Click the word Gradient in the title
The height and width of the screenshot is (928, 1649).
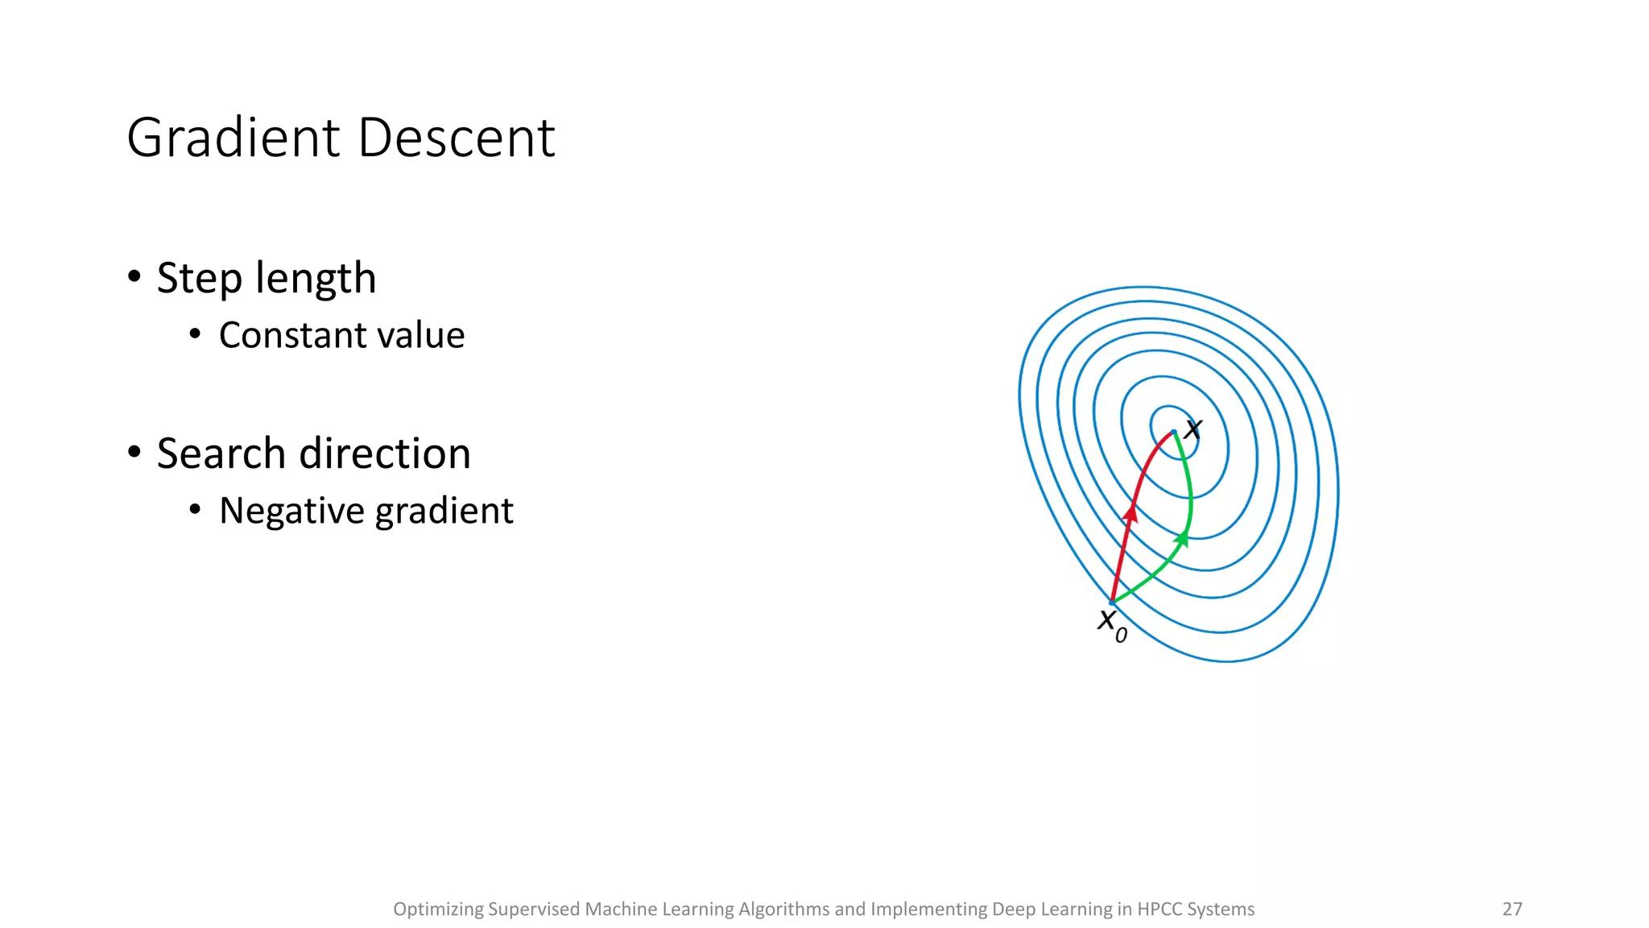[x=234, y=138]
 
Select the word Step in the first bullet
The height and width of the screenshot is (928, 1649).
[x=199, y=279]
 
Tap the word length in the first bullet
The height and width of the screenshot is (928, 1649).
[x=315, y=279]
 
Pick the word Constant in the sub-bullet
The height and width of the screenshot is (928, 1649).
[x=292, y=335]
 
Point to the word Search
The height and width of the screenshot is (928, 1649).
[x=221, y=454]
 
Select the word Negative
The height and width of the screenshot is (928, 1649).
[x=291, y=511]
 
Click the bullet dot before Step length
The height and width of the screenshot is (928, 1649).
[x=134, y=277]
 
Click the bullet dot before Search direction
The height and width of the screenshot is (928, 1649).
[x=134, y=453]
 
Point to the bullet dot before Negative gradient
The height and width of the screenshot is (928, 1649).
[x=195, y=509]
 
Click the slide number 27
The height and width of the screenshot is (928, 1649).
[x=1512, y=909]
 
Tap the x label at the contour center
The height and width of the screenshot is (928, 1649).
[x=1192, y=429]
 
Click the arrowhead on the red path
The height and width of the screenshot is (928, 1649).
[x=1131, y=512]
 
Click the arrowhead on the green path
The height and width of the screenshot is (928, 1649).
[x=1181, y=538]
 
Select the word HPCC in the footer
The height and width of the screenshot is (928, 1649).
[x=1159, y=909]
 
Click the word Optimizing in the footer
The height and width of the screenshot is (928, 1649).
[x=437, y=909]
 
